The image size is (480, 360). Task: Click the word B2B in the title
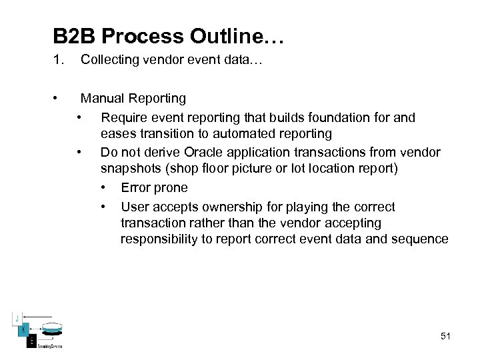click(76, 36)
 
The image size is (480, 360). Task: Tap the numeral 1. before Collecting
click(59, 60)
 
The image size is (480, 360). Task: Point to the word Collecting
click(109, 60)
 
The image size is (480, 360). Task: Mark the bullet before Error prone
click(104, 188)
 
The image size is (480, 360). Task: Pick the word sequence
click(422, 239)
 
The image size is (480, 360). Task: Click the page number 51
click(445, 336)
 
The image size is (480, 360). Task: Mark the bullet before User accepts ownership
click(104, 207)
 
